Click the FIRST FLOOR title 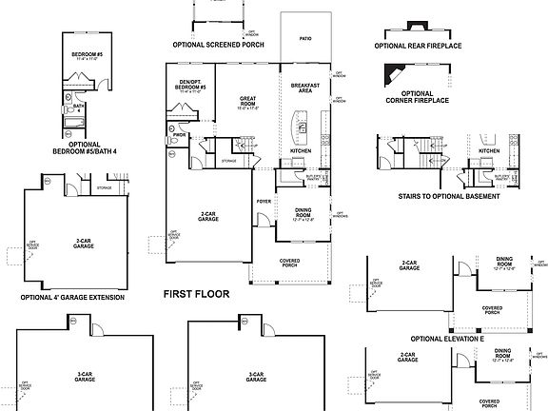(196, 294)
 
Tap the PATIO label (305, 39)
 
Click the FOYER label (264, 201)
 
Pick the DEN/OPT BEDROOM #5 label (190, 85)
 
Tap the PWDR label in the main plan (178, 136)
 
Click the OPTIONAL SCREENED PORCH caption (219, 44)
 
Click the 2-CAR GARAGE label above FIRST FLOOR (208, 217)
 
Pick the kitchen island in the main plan (302, 124)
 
